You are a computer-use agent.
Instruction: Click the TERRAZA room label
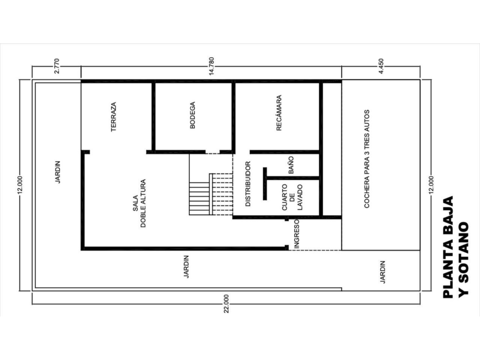114,117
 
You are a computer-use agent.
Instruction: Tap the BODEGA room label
192,115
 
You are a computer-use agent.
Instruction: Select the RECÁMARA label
279,113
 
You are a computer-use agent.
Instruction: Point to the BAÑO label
291,165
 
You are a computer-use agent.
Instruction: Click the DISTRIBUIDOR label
248,184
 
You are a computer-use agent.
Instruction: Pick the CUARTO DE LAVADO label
292,197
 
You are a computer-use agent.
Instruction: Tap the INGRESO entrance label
296,234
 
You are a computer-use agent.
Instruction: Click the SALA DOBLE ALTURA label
139,204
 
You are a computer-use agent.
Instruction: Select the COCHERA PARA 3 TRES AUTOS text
367,159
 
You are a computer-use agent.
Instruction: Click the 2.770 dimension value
57,66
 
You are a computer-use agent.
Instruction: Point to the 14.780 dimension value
211,66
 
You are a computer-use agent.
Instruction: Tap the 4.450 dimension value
381,66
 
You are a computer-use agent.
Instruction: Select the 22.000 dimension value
226,304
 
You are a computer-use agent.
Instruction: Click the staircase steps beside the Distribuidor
211,194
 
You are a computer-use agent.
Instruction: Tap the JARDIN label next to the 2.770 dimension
58,172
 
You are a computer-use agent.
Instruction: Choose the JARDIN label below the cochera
382,272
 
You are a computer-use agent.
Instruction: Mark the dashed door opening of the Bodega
212,154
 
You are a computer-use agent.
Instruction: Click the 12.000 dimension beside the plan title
431,185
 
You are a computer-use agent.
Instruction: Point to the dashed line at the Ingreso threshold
315,250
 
